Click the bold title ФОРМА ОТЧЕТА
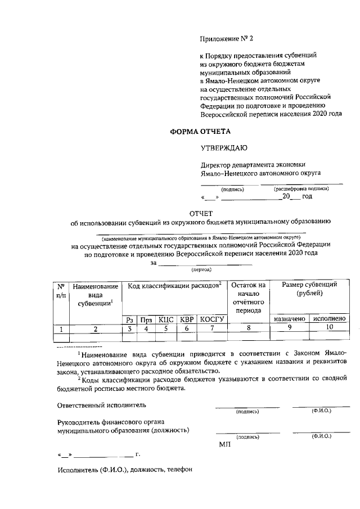(201, 132)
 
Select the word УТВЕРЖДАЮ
(224, 148)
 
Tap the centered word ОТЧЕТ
(201, 213)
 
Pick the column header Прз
(146, 319)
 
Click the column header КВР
(186, 319)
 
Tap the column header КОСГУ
(212, 319)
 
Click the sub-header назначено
(290, 319)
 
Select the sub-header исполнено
(329, 319)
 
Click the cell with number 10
(329, 329)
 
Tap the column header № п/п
(61, 290)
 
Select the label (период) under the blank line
(201, 270)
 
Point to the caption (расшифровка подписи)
(301, 189)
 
